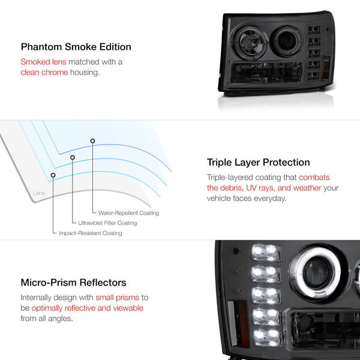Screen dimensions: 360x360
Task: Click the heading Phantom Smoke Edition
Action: [x=76, y=47]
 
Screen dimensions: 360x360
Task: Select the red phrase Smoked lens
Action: [x=43, y=62]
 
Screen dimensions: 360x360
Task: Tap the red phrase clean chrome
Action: [x=44, y=73]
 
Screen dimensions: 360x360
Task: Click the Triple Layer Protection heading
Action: [x=258, y=163]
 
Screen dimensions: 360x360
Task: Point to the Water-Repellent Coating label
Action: [x=128, y=213]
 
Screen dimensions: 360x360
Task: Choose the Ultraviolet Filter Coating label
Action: [x=107, y=223]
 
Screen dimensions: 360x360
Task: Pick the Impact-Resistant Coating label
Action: [x=91, y=233]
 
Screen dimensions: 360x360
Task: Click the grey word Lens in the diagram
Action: [x=39, y=193]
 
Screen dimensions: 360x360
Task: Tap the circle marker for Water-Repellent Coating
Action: [x=92, y=141]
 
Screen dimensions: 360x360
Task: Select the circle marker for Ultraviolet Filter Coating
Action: [x=73, y=157]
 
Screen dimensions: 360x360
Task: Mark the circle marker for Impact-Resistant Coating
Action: [x=53, y=175]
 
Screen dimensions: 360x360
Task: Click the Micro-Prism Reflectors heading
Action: [x=73, y=283]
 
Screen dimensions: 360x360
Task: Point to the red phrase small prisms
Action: [x=118, y=298]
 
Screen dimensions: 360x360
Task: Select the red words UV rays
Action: [x=260, y=188]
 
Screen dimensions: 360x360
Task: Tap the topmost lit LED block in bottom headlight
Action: [x=266, y=253]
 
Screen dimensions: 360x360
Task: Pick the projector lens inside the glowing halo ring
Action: [x=318, y=272]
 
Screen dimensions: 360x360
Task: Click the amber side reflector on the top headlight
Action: [x=326, y=68]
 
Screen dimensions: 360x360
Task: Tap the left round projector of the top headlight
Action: [x=250, y=42]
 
